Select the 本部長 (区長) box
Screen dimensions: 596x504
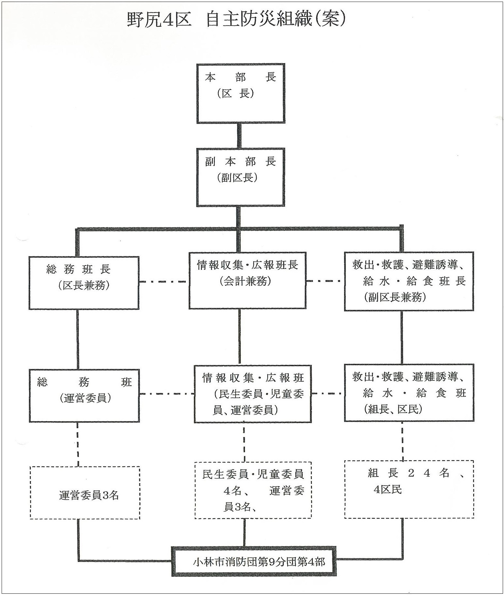click(x=240, y=93)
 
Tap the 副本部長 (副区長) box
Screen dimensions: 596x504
click(x=240, y=177)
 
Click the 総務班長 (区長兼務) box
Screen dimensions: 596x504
click(x=84, y=283)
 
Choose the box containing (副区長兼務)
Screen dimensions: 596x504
click(x=409, y=281)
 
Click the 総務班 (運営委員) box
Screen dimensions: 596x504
click(x=84, y=395)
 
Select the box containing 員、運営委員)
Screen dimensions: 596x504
click(x=252, y=394)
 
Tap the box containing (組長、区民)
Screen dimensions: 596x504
click(x=409, y=393)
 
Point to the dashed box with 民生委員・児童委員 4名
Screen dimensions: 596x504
click(x=253, y=490)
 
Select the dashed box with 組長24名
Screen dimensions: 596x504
click(x=409, y=489)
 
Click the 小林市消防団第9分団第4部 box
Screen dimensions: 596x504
click(x=254, y=562)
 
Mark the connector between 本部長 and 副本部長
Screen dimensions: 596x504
click(x=240, y=136)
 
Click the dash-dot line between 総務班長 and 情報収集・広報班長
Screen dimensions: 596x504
click(x=164, y=282)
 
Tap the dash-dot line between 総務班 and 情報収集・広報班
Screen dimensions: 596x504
click(x=167, y=394)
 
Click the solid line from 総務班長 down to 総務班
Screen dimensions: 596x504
click(x=78, y=339)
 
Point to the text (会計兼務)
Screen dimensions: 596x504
click(x=245, y=281)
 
